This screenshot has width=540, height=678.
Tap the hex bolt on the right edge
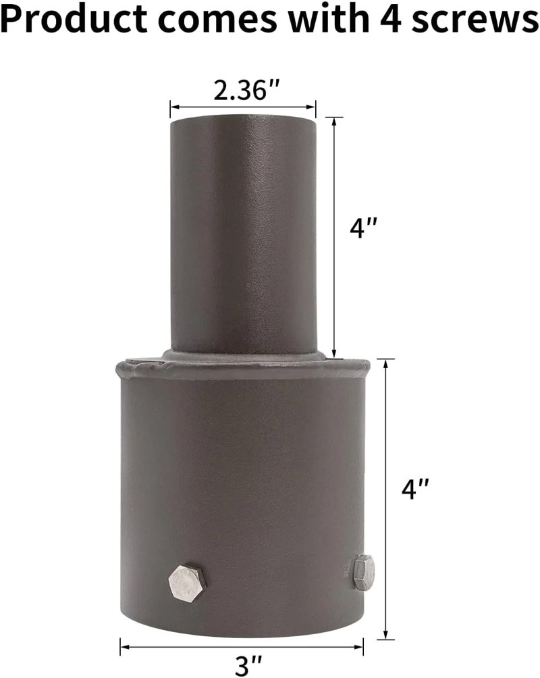coord(363,571)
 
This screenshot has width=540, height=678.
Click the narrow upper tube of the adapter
coord(243,230)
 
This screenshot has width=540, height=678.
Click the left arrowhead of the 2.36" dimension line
coord(173,106)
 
